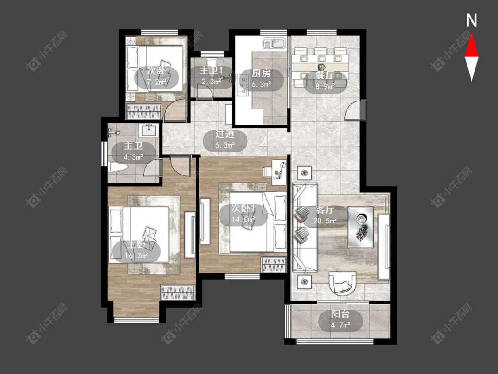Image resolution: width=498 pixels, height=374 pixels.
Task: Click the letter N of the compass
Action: click(471, 20)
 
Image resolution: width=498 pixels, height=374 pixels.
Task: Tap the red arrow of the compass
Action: click(471, 46)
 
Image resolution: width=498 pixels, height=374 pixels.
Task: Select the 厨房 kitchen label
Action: click(261, 74)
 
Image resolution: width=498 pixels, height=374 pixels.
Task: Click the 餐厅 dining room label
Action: click(325, 75)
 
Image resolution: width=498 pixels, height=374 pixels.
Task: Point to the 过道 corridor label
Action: click(225, 134)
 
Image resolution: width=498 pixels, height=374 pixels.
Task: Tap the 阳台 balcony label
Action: click(340, 314)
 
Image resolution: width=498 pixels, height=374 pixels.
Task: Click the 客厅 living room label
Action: click(325, 210)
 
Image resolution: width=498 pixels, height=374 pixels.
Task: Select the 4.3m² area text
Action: click(133, 157)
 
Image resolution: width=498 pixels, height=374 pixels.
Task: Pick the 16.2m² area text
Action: click(137, 255)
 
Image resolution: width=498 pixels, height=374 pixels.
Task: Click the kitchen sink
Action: click(274, 43)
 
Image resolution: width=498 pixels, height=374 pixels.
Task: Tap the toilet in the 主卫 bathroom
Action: click(117, 167)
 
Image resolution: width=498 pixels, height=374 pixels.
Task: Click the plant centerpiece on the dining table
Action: click(322, 67)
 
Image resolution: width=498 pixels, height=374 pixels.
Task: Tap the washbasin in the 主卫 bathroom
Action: click(149, 130)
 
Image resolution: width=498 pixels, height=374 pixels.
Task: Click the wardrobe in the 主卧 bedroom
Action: click(178, 293)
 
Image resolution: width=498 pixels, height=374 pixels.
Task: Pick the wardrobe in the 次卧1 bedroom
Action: click(274, 265)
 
